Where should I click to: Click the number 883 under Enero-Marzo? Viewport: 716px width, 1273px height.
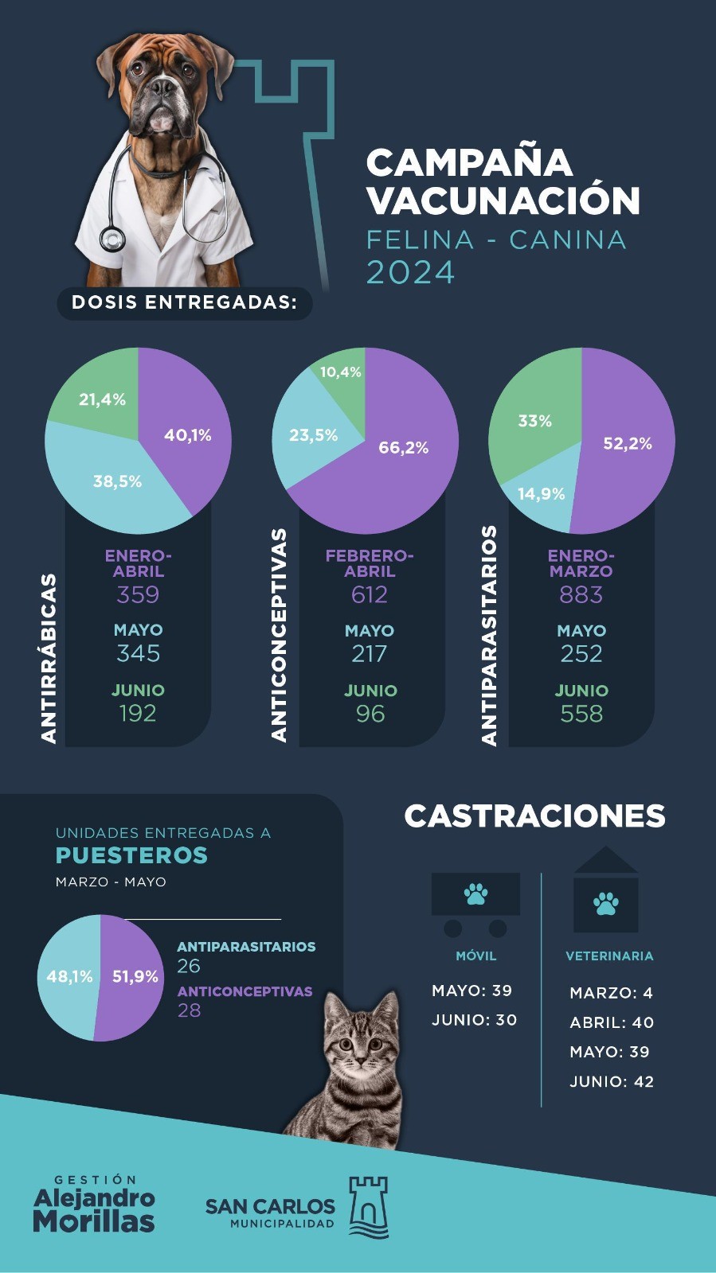tap(581, 595)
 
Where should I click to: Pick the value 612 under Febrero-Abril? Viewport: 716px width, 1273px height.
tap(370, 595)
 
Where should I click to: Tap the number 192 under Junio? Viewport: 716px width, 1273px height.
tap(138, 714)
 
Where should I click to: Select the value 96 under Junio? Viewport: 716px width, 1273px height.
tap(370, 714)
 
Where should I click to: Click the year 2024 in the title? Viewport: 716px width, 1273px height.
tap(410, 272)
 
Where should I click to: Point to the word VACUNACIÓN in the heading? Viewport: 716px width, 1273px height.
tap(503, 200)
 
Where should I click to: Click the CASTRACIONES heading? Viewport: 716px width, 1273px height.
tap(534, 816)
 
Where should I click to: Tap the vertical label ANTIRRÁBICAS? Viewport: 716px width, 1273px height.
tap(49, 659)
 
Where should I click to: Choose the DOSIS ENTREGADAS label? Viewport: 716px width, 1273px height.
tap(184, 302)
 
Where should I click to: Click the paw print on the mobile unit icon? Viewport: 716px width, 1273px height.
tap(475, 893)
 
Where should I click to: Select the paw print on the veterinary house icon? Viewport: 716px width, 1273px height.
tap(606, 904)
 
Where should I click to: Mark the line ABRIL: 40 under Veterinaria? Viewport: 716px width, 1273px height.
tap(612, 1022)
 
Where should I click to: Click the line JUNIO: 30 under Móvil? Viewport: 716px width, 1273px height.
tap(475, 1020)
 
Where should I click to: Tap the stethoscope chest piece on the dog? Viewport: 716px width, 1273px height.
tap(112, 239)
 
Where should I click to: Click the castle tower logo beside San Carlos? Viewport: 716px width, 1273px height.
tap(369, 1207)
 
